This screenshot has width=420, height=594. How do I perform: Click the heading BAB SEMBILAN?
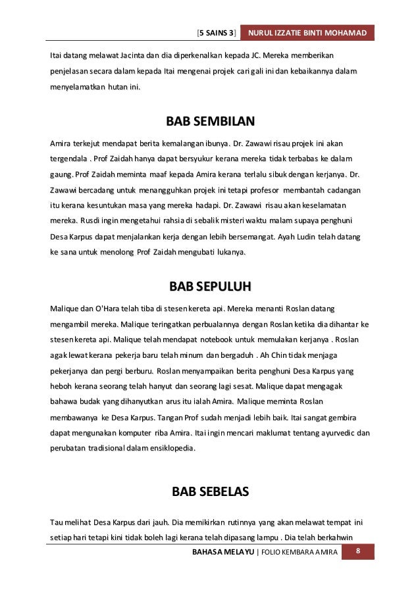(210, 122)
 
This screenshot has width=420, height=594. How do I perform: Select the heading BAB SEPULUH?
(210, 287)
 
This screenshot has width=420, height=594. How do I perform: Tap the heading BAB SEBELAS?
(210, 491)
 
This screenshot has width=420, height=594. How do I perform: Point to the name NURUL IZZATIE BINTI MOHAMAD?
(308, 33)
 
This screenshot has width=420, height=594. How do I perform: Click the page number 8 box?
(357, 551)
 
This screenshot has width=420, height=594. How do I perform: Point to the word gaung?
(60, 174)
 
